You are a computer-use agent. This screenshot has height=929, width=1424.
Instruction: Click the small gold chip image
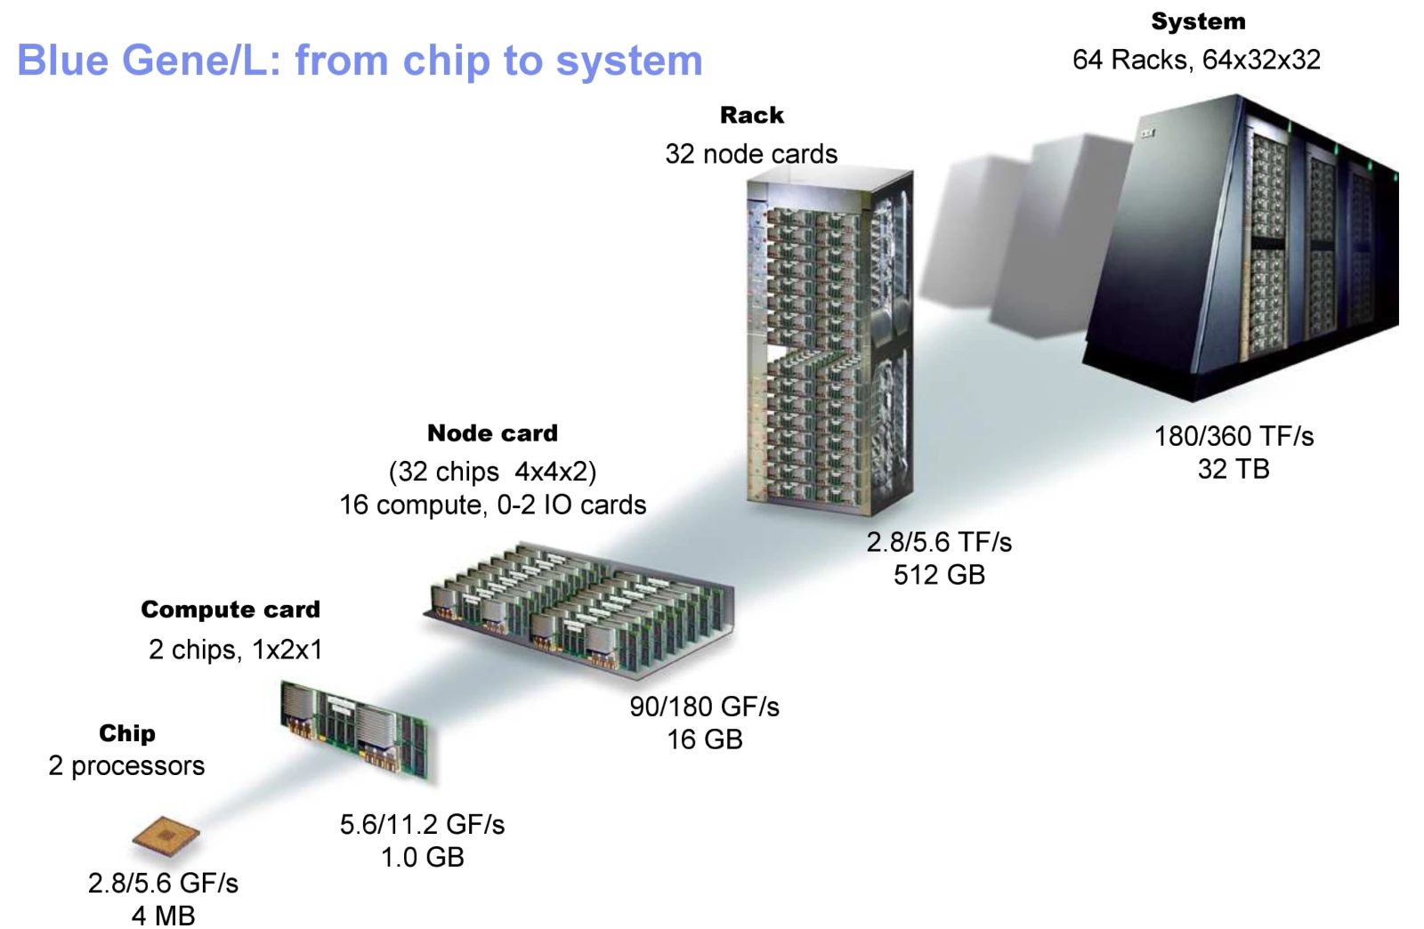point(166,835)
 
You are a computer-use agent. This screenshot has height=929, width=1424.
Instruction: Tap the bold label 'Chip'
point(127,733)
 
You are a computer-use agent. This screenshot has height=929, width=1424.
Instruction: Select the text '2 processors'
point(126,765)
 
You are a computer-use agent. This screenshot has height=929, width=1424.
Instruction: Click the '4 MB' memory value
point(164,916)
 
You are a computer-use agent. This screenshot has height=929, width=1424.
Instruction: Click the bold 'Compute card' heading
point(231,610)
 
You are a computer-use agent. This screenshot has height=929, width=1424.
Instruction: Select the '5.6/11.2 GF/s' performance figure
point(422,824)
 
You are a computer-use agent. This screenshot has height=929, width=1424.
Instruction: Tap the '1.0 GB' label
point(423,857)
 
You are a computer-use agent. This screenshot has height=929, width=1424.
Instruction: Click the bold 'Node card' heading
point(493,433)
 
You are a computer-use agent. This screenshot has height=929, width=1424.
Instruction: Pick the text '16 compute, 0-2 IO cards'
point(493,505)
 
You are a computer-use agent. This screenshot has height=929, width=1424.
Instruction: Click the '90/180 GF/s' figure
point(704,707)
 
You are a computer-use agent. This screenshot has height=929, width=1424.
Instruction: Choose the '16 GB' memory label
point(704,739)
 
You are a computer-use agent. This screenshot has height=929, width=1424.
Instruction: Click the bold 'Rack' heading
point(752,116)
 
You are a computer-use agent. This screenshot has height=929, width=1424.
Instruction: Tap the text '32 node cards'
point(751,154)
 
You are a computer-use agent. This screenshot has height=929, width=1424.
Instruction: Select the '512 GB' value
point(940,575)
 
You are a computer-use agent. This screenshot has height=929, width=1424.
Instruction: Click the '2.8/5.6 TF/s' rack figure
point(939,542)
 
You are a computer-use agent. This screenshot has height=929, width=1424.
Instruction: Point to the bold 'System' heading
point(1198,21)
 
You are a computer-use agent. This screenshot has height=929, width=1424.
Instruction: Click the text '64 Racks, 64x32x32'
point(1196,60)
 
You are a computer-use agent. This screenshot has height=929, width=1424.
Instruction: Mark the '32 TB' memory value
point(1234,469)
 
